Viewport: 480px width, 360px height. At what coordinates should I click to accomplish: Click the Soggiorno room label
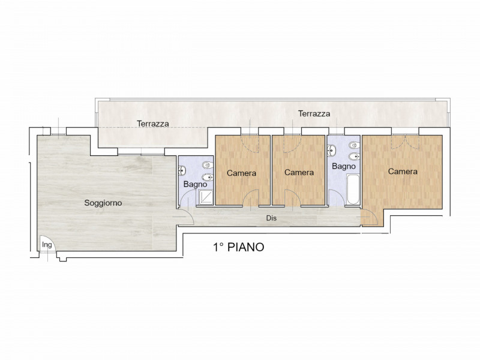pos(103,203)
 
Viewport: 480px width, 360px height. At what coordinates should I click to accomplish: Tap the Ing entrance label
pos(46,245)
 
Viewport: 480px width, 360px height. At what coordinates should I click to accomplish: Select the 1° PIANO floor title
pos(238,247)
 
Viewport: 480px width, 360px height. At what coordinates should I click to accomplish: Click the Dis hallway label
pos(271,218)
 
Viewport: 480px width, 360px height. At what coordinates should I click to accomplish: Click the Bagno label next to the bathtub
pos(344,166)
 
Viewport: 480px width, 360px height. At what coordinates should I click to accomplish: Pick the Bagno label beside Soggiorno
pos(195,184)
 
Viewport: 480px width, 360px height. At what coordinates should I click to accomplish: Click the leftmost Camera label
pos(241,173)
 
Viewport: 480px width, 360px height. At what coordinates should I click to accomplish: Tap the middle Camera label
pos(299,172)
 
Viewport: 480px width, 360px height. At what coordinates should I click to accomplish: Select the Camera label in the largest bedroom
pos(402,171)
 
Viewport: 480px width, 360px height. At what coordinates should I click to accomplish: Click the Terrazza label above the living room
pos(152,124)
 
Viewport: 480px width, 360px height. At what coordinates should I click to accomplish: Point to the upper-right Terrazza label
pos(314,113)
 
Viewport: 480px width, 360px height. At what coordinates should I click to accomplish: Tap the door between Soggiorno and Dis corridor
pos(185,217)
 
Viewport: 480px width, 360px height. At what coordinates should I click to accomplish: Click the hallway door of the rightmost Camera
pos(370,219)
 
